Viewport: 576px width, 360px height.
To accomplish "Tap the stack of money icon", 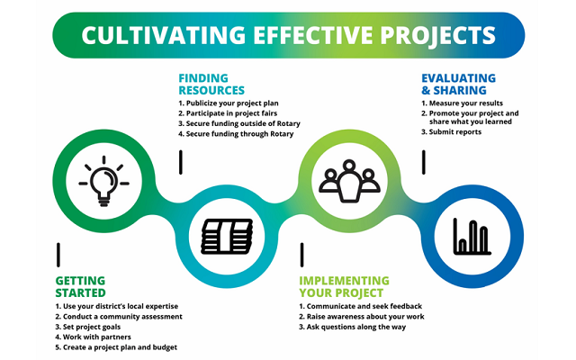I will [x=222, y=236].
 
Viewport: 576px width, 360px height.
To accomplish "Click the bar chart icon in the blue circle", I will [x=471, y=235].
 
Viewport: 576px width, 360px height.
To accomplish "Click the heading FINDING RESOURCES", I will [x=211, y=84].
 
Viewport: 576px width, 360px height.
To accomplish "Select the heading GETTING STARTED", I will [x=80, y=286].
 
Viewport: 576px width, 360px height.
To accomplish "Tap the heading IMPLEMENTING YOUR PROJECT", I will [x=344, y=286].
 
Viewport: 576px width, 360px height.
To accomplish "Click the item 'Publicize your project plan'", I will [x=234, y=103].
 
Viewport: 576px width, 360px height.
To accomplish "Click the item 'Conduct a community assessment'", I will [x=121, y=317].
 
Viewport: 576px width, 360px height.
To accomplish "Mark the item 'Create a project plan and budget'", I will [x=120, y=347].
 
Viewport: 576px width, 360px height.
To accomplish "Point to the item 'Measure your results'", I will [x=464, y=103].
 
